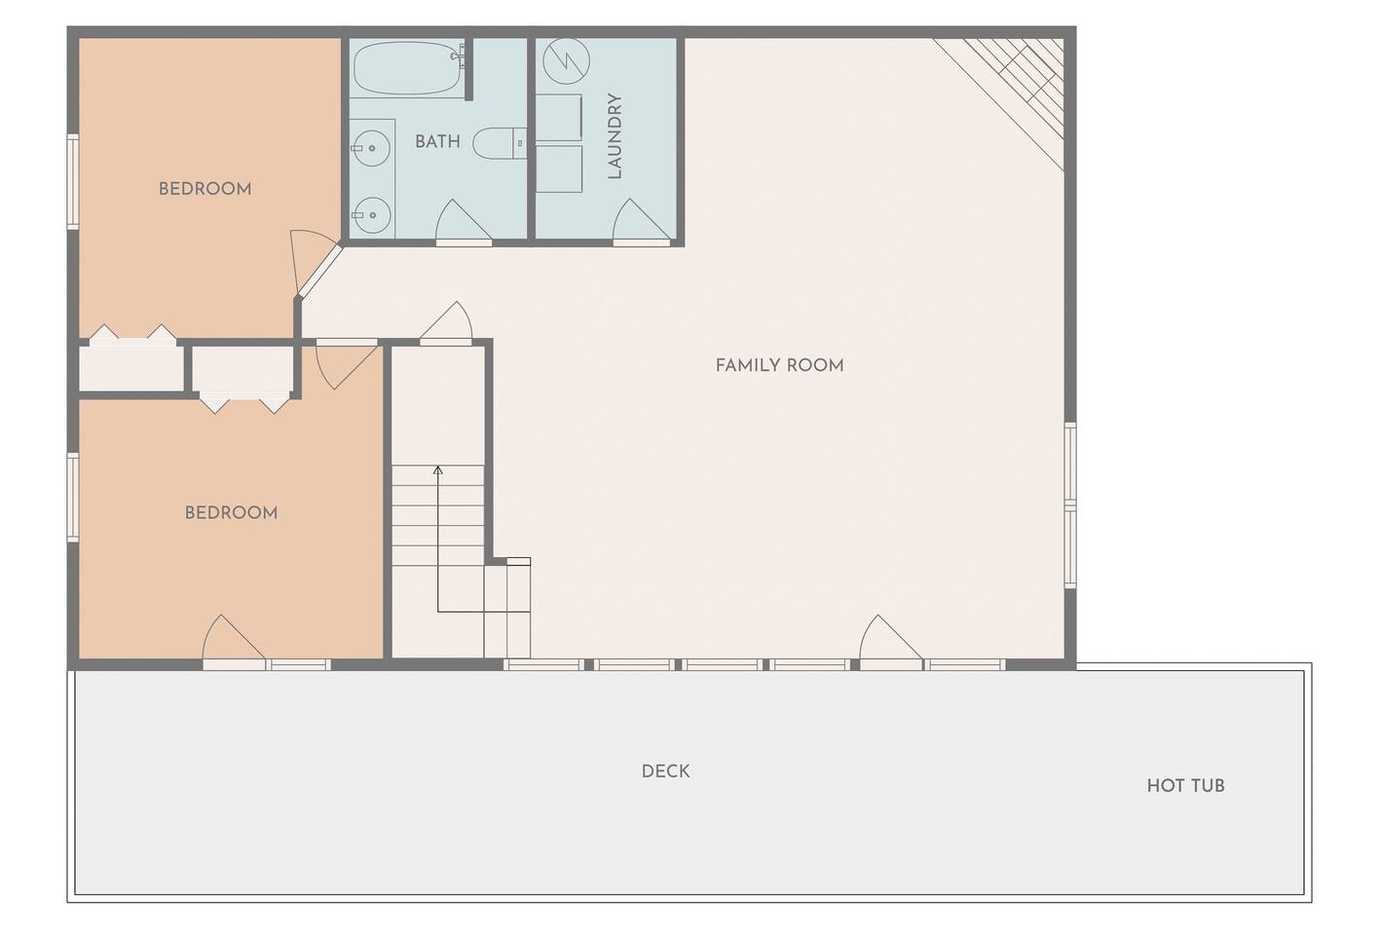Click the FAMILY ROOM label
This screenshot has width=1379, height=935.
pos(779,365)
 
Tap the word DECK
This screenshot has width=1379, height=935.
pos(665,771)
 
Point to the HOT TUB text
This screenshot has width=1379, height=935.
pos(1186,786)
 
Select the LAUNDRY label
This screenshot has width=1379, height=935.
pos(615,136)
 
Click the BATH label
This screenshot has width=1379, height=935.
pos(437,141)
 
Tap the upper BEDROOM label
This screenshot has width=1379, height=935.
pos(205,189)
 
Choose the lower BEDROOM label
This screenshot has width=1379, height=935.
pos(232,512)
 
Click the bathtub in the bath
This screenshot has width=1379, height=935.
pos(407,68)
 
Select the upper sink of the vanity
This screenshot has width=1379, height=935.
pos(372,148)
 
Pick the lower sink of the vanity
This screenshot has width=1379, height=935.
pos(372,215)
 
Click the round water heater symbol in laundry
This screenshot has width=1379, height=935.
pos(567,61)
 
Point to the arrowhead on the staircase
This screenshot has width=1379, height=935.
pos(438,470)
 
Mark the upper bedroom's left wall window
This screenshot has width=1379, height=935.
pos(73,181)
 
